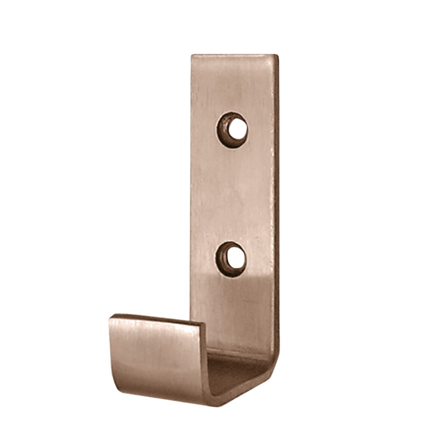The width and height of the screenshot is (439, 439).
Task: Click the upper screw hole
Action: pyautogui.click(x=233, y=130)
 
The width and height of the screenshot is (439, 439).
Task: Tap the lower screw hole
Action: pyautogui.click(x=231, y=258)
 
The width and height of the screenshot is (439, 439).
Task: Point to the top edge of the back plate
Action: pyautogui.click(x=234, y=56)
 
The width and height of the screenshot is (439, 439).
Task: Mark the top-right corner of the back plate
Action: pyautogui.click(x=277, y=56)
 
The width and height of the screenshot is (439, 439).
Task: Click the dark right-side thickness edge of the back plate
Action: pyautogui.click(x=277, y=198)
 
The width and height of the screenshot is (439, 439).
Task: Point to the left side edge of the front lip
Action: pyautogui.click(x=110, y=347)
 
